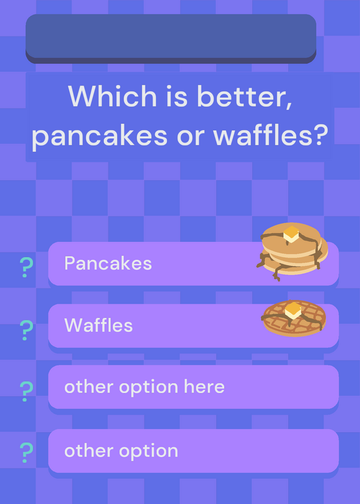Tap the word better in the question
click(245, 96)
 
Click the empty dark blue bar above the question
click(171, 38)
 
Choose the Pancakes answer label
click(108, 263)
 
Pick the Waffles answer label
click(98, 325)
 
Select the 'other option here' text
click(144, 387)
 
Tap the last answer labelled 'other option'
click(121, 451)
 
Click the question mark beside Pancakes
click(26, 267)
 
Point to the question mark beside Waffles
click(26, 330)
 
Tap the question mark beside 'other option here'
click(26, 391)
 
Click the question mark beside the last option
click(26, 452)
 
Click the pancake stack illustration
click(292, 251)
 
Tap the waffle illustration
click(294, 319)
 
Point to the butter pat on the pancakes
click(291, 234)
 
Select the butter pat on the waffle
click(293, 311)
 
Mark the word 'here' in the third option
click(204, 386)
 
